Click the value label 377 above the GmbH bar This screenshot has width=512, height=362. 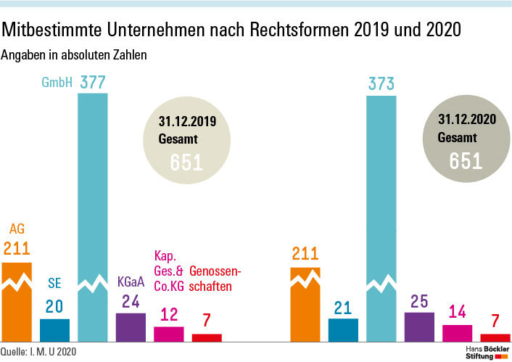[93, 82]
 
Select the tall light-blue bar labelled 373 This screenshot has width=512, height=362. [381, 218]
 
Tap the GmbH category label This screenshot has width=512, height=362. [56, 83]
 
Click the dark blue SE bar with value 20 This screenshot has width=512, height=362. [54, 330]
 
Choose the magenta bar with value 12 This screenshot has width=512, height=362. [168, 334]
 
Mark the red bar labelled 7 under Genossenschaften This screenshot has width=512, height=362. [207, 337]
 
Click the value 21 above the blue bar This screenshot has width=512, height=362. [343, 308]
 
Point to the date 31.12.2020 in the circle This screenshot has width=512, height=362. [466, 119]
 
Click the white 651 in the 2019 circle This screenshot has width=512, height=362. [187, 163]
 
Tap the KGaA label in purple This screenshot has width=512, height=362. [131, 281]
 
